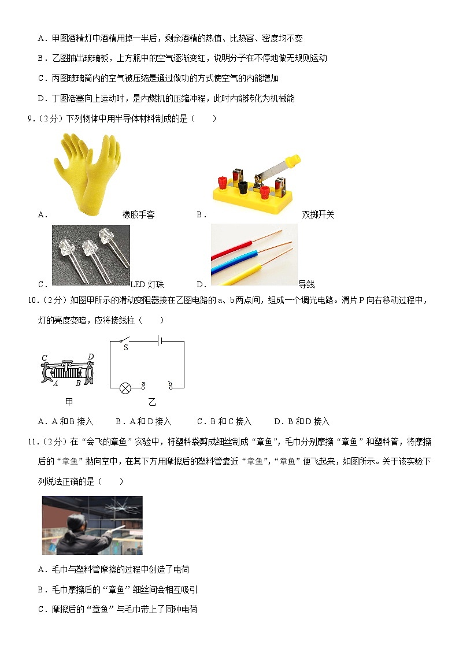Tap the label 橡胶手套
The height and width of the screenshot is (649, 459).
click(x=138, y=214)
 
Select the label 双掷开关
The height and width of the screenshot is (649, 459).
click(x=318, y=214)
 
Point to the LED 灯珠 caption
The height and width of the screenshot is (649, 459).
click(x=147, y=284)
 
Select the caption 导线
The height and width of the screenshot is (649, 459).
click(x=306, y=284)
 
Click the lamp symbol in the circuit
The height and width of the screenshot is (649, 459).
click(x=125, y=388)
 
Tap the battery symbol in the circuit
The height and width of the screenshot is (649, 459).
click(x=161, y=341)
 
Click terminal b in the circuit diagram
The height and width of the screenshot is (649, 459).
click(x=170, y=383)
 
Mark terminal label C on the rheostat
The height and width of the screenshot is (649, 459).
click(x=44, y=358)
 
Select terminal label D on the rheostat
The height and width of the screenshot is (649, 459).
click(x=90, y=357)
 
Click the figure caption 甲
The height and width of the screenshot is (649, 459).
click(x=69, y=402)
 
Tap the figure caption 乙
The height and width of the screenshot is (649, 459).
click(x=152, y=402)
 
